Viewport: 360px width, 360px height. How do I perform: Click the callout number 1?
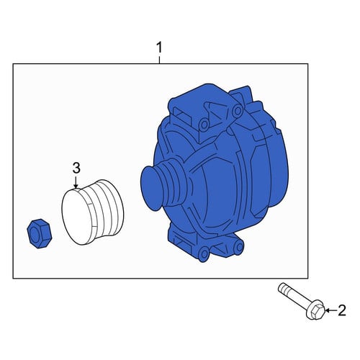(160, 48)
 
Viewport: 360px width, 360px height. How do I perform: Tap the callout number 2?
(342, 310)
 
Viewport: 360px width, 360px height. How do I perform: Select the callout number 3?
(76, 168)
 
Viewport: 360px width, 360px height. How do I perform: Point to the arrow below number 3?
(76, 182)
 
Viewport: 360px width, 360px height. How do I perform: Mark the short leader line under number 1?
(160, 60)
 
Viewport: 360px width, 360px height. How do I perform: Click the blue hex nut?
(39, 233)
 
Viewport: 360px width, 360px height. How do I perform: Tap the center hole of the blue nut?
(35, 235)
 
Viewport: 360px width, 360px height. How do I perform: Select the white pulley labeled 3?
(93, 212)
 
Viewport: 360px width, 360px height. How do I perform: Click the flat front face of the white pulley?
(77, 217)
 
